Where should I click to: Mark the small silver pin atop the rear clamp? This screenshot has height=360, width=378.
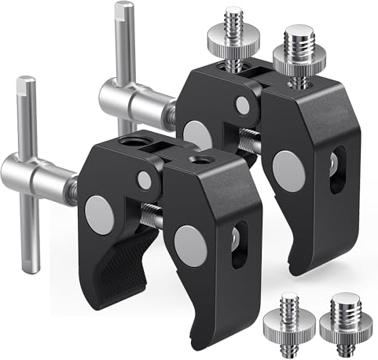(243, 105)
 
